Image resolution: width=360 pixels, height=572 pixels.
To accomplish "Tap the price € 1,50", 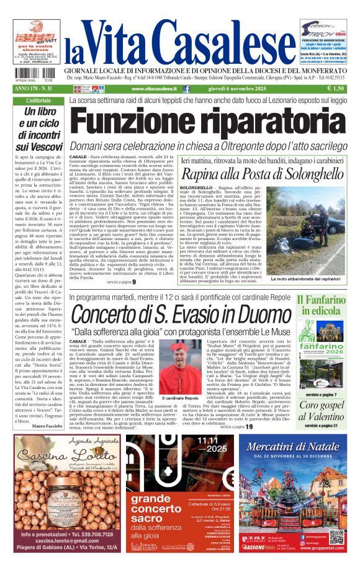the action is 336,89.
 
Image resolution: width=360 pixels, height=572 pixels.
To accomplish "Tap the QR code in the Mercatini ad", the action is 336,535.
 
